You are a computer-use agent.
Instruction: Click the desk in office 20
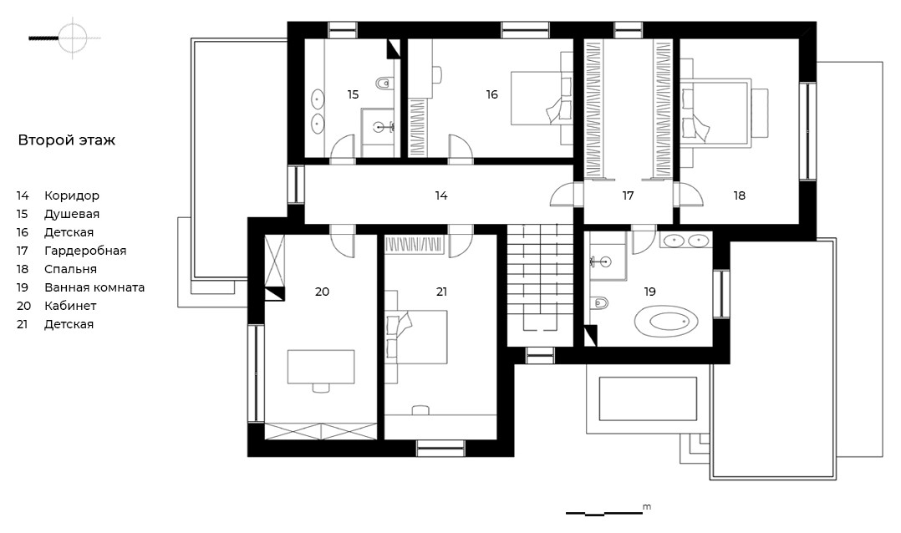pyautogui.click(x=321, y=367)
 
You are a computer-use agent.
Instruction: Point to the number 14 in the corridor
pyautogui.click(x=440, y=195)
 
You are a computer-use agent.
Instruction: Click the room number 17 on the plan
pyautogui.click(x=628, y=195)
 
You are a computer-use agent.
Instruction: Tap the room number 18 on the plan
pyautogui.click(x=739, y=195)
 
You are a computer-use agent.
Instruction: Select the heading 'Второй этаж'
pyautogui.click(x=67, y=140)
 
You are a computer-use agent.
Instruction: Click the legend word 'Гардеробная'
pyautogui.click(x=85, y=251)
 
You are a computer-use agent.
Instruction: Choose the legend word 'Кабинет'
pyautogui.click(x=70, y=306)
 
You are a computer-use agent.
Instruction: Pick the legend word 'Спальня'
pyautogui.click(x=71, y=269)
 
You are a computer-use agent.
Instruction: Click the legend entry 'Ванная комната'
pyautogui.click(x=94, y=287)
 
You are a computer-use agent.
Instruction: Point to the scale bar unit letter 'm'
pyautogui.click(x=647, y=506)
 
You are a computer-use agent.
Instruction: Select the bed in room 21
pyautogui.click(x=416, y=338)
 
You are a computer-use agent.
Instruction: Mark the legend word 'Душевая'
pyautogui.click(x=72, y=214)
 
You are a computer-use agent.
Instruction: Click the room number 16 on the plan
pyautogui.click(x=491, y=94)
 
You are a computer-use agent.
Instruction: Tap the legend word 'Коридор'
pyautogui.click(x=72, y=195)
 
